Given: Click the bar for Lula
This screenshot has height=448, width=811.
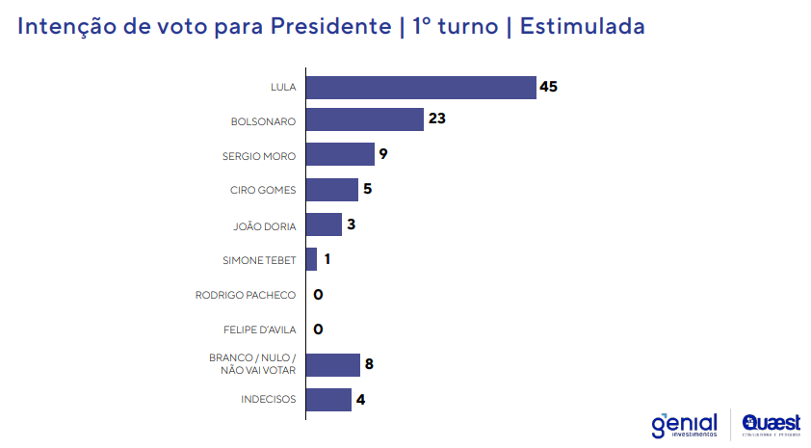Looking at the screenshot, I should point(420,87).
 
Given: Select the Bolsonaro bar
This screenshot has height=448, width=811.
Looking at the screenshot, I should point(365,119).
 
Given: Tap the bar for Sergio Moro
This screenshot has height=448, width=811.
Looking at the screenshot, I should point(340,154).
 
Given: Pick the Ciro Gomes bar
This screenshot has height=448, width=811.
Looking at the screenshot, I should point(332,189).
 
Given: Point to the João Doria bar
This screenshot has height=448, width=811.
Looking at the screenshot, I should point(324,224).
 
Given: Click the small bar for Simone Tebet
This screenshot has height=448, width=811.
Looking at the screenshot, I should point(311,259).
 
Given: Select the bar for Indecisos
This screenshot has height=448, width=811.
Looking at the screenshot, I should point(328,399).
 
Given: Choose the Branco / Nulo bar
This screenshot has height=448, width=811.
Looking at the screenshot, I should point(332,364).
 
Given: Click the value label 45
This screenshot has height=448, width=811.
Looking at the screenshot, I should point(549,87).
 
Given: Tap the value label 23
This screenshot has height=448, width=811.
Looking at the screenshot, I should point(437,119).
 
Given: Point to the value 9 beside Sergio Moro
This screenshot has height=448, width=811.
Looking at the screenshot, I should point(382,154).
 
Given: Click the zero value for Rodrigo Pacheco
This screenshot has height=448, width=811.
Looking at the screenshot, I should point(318,295).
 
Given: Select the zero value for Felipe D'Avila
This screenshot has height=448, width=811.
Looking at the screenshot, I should point(318,329).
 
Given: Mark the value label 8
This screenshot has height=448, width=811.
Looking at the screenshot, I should point(368,364).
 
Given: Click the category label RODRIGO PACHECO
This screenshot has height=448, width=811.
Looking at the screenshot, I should point(245,295).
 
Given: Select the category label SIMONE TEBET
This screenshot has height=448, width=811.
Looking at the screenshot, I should point(258,259).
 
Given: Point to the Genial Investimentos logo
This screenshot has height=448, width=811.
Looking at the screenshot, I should point(685,425).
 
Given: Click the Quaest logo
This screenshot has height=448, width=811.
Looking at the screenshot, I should point(772,424).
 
